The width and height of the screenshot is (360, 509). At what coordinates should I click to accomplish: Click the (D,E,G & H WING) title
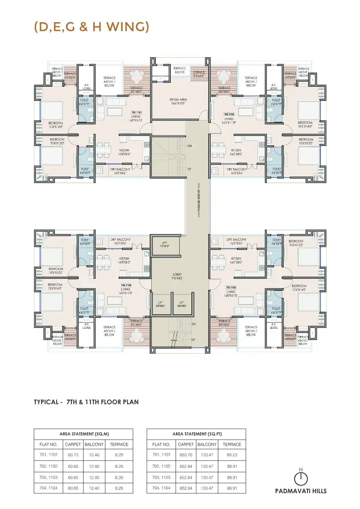pyautogui.click(x=92, y=27)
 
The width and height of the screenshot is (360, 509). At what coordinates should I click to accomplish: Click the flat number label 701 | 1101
pyautogui.click(x=136, y=112)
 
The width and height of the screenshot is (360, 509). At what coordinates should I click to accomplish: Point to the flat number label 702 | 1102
pyautogui.click(x=229, y=115)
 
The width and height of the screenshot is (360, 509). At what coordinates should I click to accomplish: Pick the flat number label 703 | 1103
pyautogui.click(x=231, y=288)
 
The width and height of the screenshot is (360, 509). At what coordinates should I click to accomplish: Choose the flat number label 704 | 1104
pyautogui.click(x=126, y=285)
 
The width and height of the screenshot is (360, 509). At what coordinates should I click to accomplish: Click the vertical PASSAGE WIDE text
pyautogui.click(x=198, y=200)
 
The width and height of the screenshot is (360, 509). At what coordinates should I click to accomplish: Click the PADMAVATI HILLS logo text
pyautogui.click(x=301, y=491)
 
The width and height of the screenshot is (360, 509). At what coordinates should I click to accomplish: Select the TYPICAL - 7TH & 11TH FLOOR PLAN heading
pyautogui.click(x=86, y=402)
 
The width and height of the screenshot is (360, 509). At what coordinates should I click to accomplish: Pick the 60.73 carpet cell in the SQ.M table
pyautogui.click(x=73, y=455)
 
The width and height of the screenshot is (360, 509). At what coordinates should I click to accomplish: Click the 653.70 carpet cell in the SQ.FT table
pyautogui.click(x=186, y=455)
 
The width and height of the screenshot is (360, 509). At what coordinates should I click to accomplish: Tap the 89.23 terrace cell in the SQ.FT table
pyautogui.click(x=232, y=455)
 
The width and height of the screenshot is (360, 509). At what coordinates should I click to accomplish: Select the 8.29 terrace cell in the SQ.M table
pyautogui.click(x=119, y=455)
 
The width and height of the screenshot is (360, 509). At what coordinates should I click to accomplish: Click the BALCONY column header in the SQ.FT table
pyautogui.click(x=207, y=444)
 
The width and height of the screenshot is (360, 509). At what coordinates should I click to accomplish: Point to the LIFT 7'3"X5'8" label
pyautogui.click(x=165, y=244)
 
